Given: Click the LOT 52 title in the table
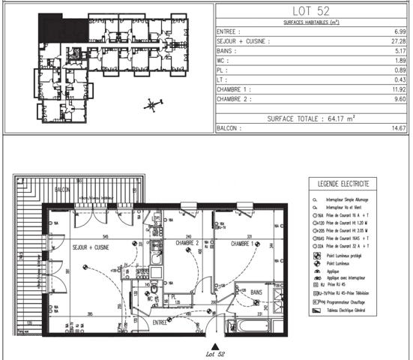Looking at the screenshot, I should (313, 10).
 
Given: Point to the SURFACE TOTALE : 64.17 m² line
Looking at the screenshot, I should (313, 118).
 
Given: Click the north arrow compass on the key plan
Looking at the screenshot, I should (152, 103).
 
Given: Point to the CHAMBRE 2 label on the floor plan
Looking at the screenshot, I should (187, 243).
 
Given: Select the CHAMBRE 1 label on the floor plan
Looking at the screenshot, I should (243, 243).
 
